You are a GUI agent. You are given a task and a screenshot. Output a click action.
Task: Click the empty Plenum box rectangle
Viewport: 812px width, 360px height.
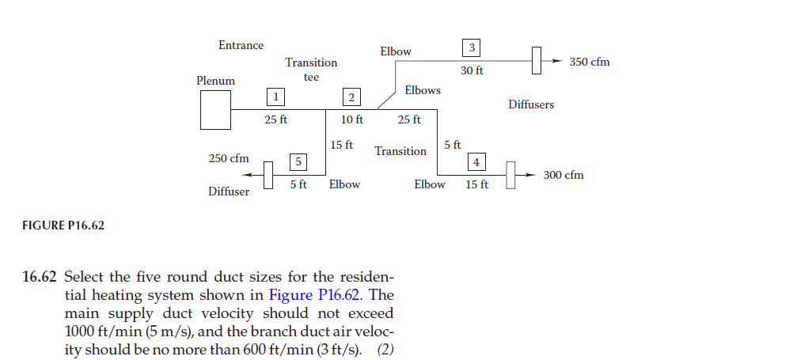tap(215, 109)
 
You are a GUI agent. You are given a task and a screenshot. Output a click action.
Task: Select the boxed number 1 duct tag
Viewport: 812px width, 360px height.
tap(275, 97)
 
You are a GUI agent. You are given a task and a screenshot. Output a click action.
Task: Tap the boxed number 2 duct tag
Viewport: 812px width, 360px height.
tap(351, 97)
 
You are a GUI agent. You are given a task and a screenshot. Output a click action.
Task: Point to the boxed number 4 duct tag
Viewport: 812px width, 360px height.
tap(476, 162)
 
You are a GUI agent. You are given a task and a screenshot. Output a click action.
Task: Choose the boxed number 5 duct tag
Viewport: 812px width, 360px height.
tap(298, 161)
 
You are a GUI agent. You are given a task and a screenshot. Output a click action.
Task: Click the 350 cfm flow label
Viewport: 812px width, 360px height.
tap(590, 62)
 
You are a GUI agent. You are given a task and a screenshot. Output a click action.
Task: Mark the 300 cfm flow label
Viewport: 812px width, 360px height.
tap(563, 175)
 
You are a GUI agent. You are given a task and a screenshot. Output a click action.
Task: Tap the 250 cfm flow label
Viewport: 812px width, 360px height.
tap(229, 158)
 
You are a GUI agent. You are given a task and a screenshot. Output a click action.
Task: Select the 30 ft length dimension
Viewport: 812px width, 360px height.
tap(472, 70)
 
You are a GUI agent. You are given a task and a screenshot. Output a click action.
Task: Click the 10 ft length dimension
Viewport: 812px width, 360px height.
tap(351, 120)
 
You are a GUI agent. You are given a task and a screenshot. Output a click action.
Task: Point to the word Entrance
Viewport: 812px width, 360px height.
tap(241, 45)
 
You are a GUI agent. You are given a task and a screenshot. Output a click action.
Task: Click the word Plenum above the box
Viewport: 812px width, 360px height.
tap(215, 81)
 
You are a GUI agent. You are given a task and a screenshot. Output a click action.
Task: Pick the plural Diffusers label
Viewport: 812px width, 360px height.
tap(531, 104)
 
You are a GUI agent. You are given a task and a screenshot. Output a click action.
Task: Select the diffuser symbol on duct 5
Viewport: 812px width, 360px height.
tap(268, 174)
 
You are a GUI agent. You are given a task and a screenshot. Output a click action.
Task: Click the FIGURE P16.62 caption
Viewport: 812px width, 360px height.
tap(63, 225)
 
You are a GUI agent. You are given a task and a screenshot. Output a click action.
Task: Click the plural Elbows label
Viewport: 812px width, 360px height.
tap(423, 90)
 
